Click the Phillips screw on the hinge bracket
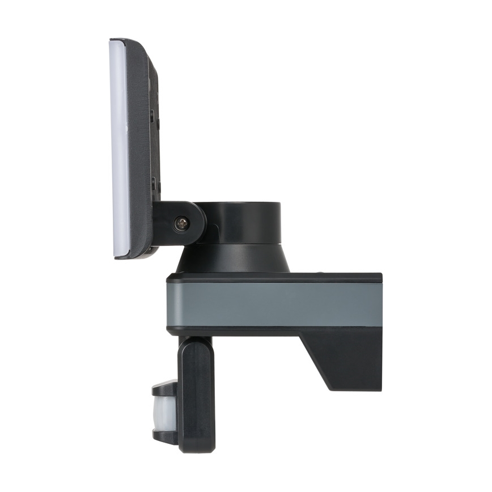click(x=181, y=223)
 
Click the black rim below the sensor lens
click(x=164, y=437)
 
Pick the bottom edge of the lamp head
click(x=133, y=256)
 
